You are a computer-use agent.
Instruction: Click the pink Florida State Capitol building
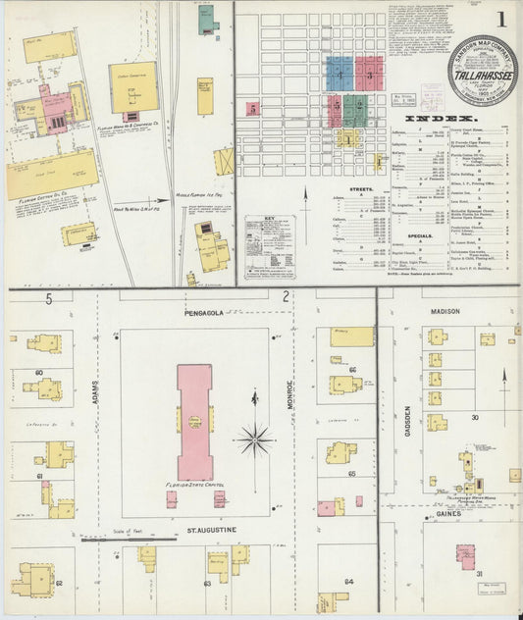click(x=194, y=422)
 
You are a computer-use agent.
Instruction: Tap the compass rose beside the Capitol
click(x=255, y=438)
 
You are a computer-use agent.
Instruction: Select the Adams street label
click(x=97, y=392)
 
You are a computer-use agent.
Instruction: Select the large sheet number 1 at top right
click(x=500, y=20)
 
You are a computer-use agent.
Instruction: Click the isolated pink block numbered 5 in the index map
click(x=252, y=108)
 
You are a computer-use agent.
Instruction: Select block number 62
click(x=58, y=582)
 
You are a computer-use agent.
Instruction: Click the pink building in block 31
click(x=466, y=555)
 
